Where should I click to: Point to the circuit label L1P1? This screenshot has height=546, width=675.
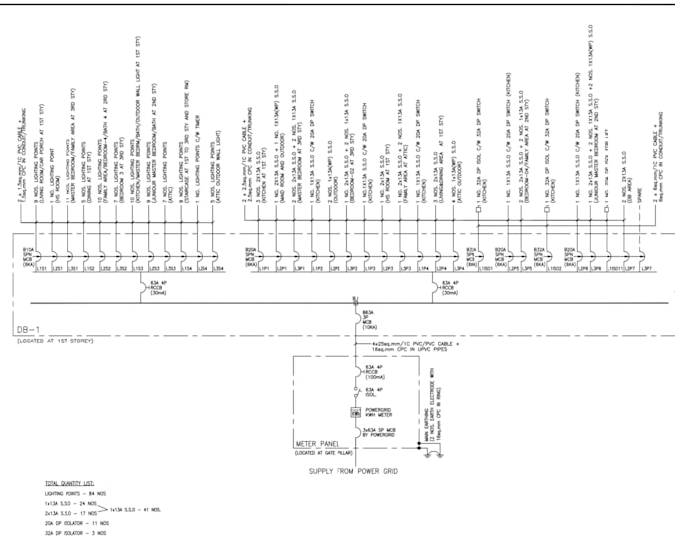[265, 269]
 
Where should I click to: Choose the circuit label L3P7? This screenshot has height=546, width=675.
[645, 269]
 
